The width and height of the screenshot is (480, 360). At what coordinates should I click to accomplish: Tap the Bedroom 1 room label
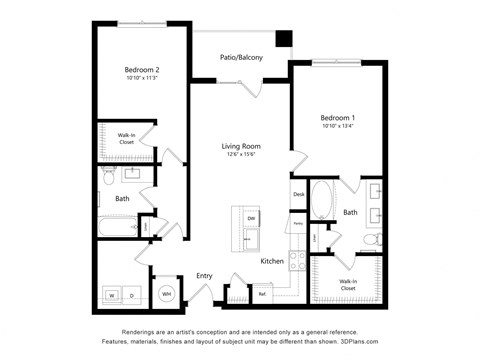tap(337, 117)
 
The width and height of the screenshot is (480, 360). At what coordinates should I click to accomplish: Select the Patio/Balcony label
tap(241, 58)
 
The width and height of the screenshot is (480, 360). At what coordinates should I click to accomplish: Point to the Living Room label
tap(241, 146)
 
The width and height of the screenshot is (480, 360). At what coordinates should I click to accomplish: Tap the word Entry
tap(204, 276)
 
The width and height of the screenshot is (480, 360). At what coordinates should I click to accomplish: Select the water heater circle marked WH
tap(166, 293)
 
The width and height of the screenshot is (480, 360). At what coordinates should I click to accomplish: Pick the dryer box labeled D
tap(132, 295)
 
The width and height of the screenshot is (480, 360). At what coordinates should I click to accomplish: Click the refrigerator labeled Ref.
tap(262, 294)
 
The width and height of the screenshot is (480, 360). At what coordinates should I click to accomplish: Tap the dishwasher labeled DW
tap(251, 218)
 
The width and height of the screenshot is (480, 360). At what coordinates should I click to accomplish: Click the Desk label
tap(298, 194)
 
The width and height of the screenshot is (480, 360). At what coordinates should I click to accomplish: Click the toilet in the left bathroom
tap(145, 227)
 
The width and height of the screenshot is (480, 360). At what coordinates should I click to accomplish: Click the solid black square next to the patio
tap(284, 39)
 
